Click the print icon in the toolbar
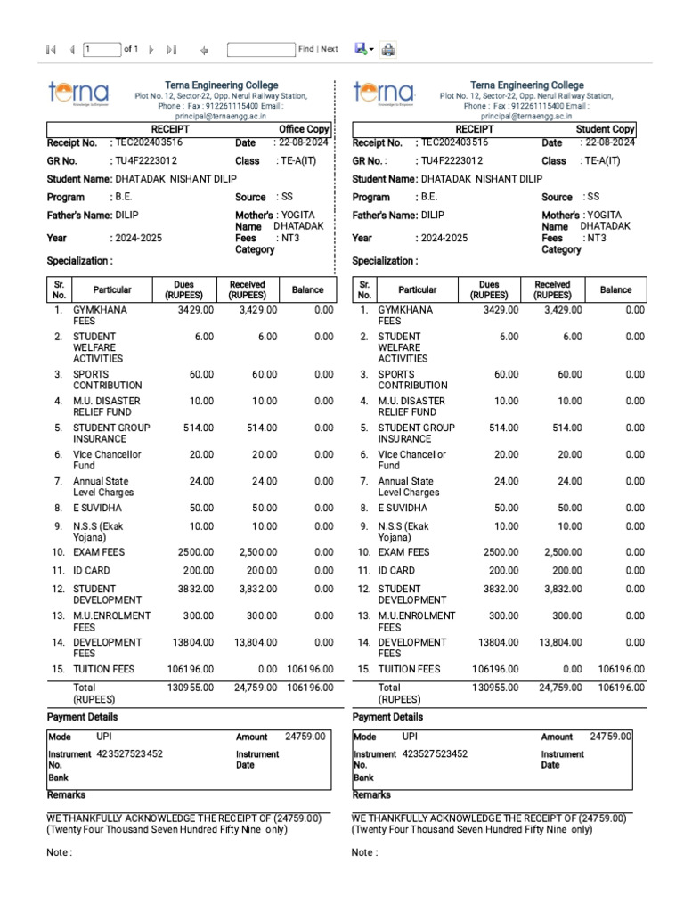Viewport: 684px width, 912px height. (388, 50)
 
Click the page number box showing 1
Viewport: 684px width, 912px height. (102, 50)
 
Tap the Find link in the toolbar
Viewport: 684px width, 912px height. (305, 50)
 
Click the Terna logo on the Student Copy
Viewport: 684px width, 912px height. (384, 94)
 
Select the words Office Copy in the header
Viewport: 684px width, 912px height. (304, 129)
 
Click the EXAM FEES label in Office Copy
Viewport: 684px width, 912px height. (99, 552)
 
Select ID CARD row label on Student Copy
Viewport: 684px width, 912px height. (396, 570)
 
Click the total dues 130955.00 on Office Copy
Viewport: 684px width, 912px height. (191, 688)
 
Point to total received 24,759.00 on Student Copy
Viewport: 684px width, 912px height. (558, 688)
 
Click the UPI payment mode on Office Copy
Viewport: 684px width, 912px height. (105, 737)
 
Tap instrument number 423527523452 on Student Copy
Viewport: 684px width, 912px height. (434, 754)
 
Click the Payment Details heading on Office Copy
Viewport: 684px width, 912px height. (82, 717)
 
